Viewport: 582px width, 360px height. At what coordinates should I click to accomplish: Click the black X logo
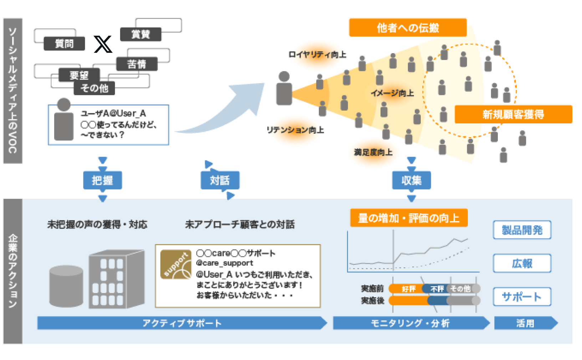coord(103,44)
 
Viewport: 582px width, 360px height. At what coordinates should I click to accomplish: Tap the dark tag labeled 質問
coord(64,44)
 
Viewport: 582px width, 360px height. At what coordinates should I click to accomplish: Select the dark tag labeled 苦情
coord(137,64)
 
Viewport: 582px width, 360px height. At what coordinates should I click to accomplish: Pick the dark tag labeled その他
coord(94,88)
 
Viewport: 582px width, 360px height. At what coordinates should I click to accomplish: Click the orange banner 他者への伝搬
coord(408,27)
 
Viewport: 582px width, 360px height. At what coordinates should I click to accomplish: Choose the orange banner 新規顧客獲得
coord(513,115)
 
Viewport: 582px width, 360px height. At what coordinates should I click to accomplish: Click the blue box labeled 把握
coord(102,180)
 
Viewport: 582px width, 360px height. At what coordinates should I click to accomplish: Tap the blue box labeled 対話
coord(220,180)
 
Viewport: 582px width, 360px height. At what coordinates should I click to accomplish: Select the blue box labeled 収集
coord(411,180)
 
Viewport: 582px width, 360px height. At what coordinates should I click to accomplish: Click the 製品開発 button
coord(522,230)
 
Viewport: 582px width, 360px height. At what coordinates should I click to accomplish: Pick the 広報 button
coord(522,263)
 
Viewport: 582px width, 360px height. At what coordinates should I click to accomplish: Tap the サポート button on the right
coord(522,296)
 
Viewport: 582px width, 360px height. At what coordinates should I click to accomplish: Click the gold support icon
coord(176,264)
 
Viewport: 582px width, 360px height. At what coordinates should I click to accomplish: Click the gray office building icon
coord(116,279)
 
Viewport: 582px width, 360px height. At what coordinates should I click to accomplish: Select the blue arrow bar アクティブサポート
coord(182,323)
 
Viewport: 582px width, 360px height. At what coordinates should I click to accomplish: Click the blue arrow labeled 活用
coord(525,323)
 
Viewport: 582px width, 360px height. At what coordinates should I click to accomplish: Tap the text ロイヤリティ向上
coord(317,55)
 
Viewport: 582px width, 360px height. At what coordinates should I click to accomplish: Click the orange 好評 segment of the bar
coord(407,289)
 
